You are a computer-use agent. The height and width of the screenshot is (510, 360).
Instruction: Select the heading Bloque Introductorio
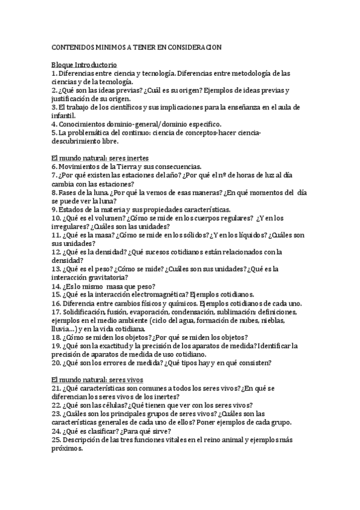[84, 64]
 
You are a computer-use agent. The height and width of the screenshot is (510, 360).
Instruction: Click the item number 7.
[54, 175]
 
